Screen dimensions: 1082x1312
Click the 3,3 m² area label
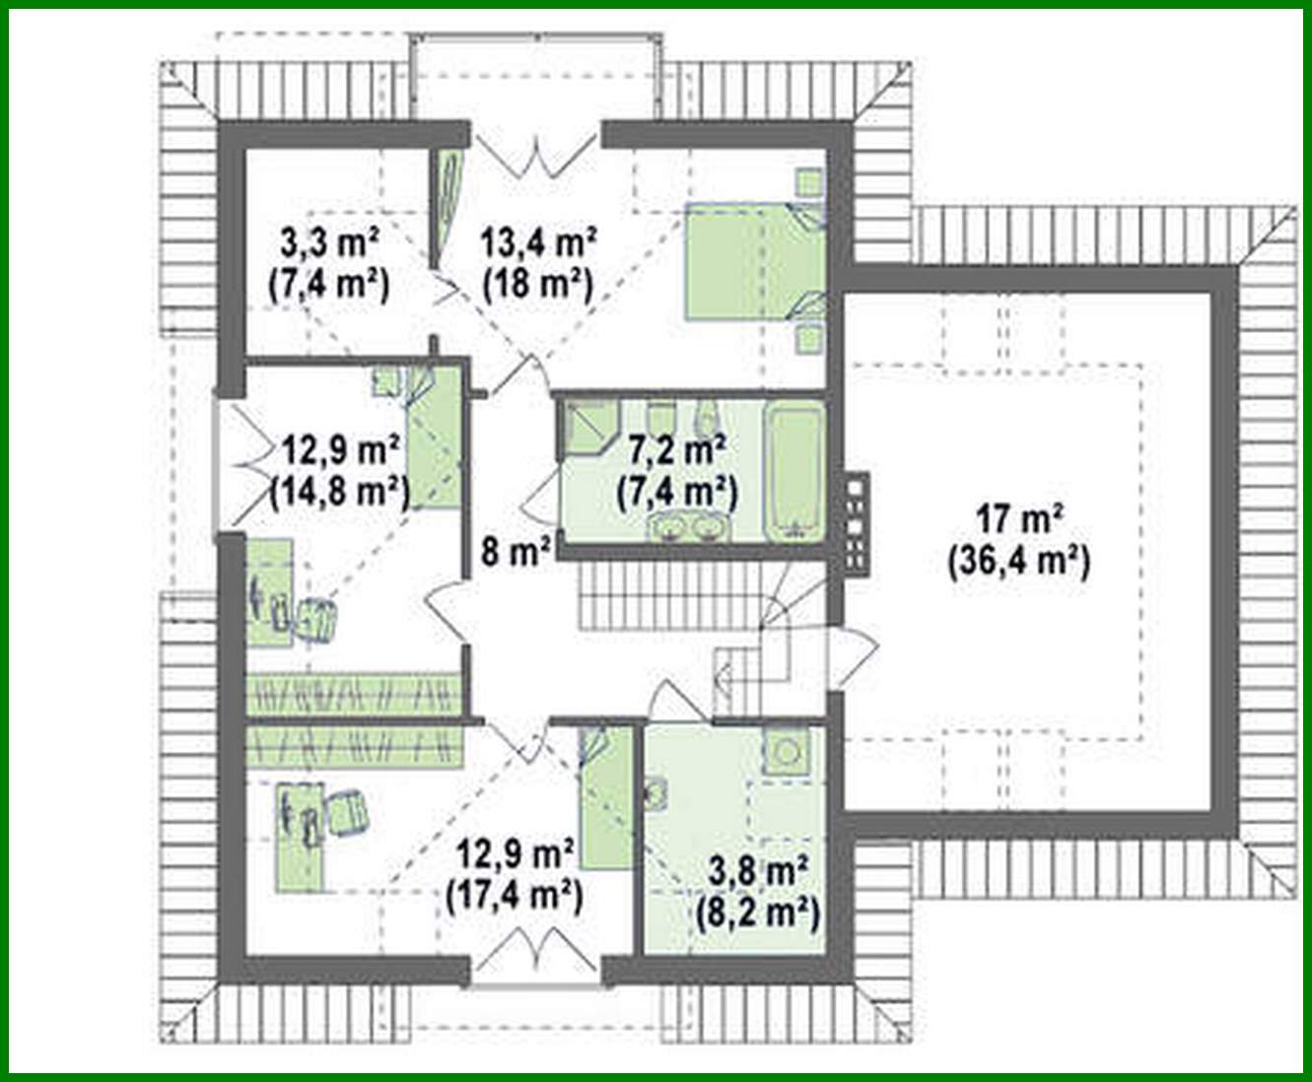click(327, 240)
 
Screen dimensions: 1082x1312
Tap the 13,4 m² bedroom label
click(537, 240)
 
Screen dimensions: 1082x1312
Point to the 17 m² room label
click(1017, 515)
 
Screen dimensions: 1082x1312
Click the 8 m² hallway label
click(515, 553)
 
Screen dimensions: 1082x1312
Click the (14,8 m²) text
click(340, 490)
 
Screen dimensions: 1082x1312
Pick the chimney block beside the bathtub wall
click(855, 521)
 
